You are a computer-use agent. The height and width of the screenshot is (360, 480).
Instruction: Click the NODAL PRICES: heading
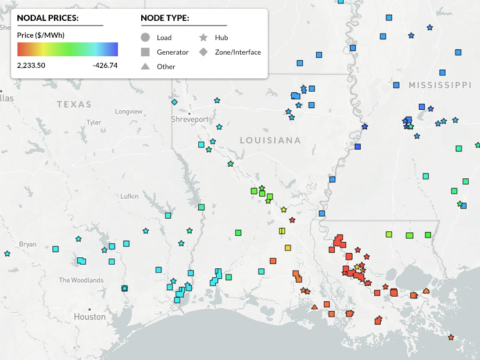(x=48, y=18)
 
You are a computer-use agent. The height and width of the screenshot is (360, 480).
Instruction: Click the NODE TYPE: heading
(x=164, y=18)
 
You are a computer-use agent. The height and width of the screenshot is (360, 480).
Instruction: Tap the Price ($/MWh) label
(x=41, y=35)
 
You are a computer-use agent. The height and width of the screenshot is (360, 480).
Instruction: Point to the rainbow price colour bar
(x=67, y=49)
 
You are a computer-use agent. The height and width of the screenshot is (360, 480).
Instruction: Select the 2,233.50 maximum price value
(x=31, y=65)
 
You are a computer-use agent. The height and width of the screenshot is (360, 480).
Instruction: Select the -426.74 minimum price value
(x=105, y=65)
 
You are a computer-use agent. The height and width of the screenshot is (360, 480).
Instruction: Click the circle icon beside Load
(x=145, y=38)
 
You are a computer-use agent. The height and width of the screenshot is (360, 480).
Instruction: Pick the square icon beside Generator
(x=145, y=52)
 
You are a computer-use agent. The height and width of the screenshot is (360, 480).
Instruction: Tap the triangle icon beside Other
(x=145, y=66)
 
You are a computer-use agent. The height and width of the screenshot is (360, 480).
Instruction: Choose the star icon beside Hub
(x=203, y=38)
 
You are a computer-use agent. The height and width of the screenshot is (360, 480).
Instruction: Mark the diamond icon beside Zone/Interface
(x=203, y=52)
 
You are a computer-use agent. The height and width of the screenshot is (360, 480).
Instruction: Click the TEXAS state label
(x=74, y=105)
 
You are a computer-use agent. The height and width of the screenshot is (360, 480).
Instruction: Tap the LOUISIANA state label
(x=270, y=141)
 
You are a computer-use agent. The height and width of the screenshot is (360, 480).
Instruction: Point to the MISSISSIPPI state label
(x=439, y=85)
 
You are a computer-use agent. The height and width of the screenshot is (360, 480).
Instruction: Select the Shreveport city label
(x=189, y=119)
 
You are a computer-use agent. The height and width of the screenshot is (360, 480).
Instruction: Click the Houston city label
(x=89, y=317)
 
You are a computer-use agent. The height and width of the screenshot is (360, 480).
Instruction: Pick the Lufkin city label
(x=129, y=196)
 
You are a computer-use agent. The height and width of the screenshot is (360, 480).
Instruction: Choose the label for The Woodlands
(x=81, y=280)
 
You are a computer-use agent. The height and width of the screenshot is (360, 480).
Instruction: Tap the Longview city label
(x=128, y=111)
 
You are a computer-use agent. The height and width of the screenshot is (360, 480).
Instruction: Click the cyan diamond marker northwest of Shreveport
(x=174, y=102)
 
